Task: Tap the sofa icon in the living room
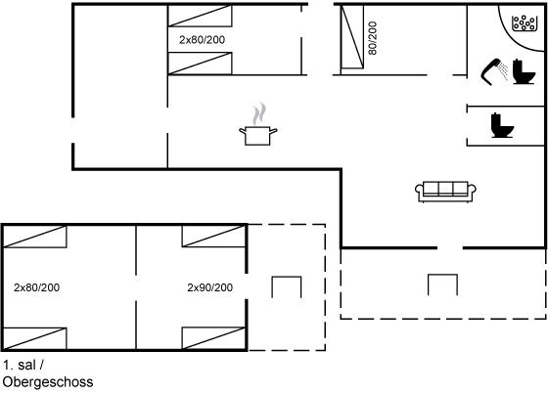(445, 192)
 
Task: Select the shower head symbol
(494, 71)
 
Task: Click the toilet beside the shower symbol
(524, 72)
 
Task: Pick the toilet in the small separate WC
(502, 125)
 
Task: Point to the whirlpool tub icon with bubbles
(524, 23)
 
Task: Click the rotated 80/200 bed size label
(373, 38)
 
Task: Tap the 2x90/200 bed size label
(210, 287)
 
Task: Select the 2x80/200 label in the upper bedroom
(202, 40)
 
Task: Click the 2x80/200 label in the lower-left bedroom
(37, 287)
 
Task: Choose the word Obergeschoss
(48, 381)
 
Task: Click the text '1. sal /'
(23, 365)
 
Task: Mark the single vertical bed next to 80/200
(352, 37)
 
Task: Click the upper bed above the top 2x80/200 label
(200, 16)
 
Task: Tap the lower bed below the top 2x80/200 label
(200, 64)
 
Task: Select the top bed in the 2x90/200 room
(214, 237)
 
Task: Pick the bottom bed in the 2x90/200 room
(214, 338)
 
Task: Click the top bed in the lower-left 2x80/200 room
(34, 237)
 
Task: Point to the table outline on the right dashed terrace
(442, 275)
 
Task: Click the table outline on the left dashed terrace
(287, 277)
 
